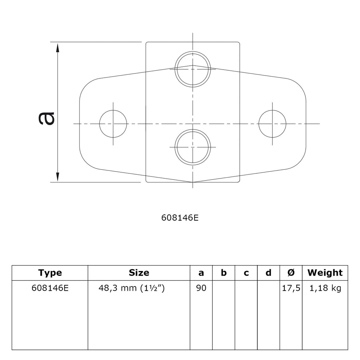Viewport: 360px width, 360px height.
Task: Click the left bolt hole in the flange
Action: tap(113, 124)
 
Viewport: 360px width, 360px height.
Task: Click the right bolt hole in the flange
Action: tap(272, 124)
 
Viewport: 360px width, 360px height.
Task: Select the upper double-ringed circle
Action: tap(193, 69)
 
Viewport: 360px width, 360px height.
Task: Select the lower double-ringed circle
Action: tap(193, 147)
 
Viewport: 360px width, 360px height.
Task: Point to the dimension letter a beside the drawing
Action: tap(46, 118)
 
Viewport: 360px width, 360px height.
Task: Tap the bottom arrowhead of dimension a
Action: tap(58, 177)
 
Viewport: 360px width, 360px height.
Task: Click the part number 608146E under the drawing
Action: tap(180, 218)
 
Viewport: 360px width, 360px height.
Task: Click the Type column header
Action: tap(50, 273)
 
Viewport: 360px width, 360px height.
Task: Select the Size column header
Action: tap(139, 273)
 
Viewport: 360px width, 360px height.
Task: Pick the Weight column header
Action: tap(325, 273)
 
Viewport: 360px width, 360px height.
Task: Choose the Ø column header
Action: tap(291, 273)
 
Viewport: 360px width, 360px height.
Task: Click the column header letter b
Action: tap(224, 273)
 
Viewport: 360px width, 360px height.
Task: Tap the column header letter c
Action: tap(246, 273)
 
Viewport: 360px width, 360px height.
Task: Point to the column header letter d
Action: tap(268, 273)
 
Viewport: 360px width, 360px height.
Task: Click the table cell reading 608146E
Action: tap(50, 288)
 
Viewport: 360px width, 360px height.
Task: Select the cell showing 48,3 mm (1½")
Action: tap(131, 288)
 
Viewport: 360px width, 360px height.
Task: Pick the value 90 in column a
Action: tap(201, 288)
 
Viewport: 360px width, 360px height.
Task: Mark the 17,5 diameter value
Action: tap(291, 288)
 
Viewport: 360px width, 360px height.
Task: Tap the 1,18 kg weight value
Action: tap(325, 288)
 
